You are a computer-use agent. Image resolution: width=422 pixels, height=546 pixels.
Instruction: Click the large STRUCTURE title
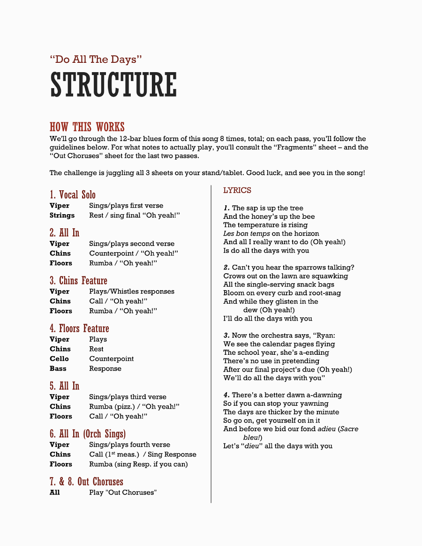113,85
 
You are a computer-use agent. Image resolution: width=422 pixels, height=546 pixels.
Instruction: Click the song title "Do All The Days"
96,60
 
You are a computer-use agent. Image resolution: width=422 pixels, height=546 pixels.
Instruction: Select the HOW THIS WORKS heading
87,127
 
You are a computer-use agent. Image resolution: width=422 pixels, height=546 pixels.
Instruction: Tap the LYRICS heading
237,190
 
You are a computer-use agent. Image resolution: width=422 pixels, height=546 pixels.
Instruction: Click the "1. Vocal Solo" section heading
73,194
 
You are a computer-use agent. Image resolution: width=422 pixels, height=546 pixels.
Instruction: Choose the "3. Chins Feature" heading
78,280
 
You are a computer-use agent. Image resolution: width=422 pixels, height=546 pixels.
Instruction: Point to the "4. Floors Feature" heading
79,328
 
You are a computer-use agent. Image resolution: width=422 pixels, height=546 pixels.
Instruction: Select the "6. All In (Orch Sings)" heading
88,434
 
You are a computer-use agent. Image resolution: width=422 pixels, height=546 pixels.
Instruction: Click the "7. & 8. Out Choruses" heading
86,481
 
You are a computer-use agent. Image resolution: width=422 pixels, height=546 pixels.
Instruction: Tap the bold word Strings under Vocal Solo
62,215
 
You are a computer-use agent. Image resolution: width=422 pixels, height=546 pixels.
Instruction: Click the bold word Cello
59,359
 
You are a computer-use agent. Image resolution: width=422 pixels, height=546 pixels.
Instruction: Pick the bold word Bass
58,368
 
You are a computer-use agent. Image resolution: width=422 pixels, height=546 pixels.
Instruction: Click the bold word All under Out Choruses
55,492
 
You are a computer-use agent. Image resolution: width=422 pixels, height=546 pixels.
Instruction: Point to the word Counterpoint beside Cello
112,359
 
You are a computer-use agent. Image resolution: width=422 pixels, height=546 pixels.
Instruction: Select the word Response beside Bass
105,368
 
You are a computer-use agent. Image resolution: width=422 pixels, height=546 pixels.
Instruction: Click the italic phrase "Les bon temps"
246,233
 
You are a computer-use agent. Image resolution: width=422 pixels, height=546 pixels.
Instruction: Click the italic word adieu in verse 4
326,429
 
